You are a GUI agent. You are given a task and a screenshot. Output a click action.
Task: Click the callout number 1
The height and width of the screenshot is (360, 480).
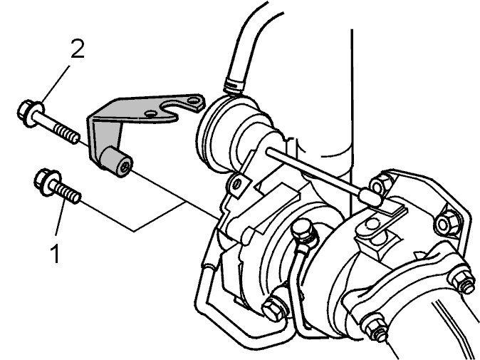coord(56,253)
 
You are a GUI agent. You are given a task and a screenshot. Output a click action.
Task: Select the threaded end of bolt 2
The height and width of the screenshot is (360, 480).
coord(67,133)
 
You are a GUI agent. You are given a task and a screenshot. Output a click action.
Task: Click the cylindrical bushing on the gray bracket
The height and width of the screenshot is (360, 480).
coord(117,161)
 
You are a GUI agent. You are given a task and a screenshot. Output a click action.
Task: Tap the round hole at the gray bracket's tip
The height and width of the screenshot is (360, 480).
coord(193,101)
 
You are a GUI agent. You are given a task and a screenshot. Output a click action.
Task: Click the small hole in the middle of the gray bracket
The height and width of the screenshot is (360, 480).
coord(150,114)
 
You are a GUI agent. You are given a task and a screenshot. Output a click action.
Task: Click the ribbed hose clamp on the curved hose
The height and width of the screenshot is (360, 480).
coord(234,84)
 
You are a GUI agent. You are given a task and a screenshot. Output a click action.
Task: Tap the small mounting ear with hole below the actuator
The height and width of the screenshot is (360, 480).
coord(236,185)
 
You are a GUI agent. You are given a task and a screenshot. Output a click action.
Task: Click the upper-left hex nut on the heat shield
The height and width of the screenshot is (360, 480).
coord(380,183)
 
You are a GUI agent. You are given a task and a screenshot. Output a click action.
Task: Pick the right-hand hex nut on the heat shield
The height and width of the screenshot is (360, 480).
coord(447,222)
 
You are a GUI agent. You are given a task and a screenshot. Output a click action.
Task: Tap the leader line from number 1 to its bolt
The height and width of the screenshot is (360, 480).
coord(61,217)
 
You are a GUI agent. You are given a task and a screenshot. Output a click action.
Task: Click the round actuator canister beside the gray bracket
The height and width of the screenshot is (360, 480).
coord(233,132)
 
